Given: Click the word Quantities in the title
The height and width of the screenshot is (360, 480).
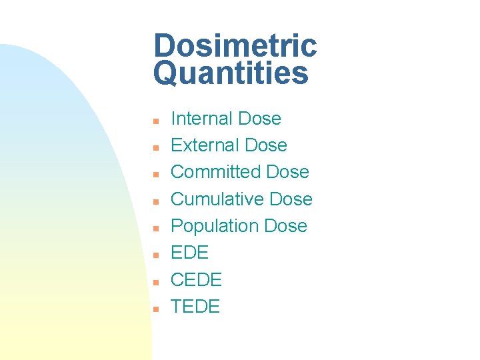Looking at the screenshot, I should tap(231, 74).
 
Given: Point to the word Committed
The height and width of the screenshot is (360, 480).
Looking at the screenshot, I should tap(215, 172).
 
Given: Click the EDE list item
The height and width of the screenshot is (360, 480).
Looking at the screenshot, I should tap(190, 253).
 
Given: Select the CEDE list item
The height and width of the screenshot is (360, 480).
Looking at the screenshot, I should tap(196, 279).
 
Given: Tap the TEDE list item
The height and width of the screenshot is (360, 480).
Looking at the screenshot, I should tap(195, 306).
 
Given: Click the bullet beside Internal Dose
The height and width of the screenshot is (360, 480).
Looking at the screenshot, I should tap(155, 121).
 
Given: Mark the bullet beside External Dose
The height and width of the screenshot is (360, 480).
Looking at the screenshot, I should tap(155, 148).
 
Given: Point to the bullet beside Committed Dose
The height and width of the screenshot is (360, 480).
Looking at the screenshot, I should tap(155, 175).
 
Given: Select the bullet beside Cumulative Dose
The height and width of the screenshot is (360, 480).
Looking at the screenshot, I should tap(155, 201).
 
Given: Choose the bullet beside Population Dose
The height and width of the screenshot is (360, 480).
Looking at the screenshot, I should tap(155, 229).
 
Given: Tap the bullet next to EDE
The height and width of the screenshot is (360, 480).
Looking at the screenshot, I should tap(155, 255).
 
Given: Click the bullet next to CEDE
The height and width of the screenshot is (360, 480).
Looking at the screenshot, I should tap(155, 282).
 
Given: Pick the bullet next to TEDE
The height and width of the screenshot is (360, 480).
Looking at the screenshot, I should tap(155, 309).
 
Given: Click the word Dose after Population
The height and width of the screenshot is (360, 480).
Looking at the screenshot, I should tap(285, 226).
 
